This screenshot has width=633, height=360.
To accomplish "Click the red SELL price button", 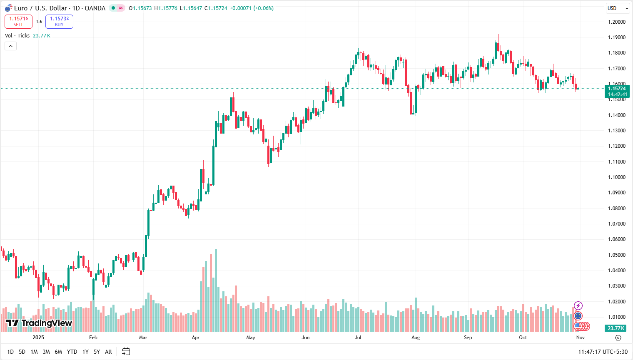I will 18,22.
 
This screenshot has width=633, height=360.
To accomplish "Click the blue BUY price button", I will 59,22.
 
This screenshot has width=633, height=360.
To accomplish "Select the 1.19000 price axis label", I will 616,37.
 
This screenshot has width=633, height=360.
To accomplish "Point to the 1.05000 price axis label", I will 616,255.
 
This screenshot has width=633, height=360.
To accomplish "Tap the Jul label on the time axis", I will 358,338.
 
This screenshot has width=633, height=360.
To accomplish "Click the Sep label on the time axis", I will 468,338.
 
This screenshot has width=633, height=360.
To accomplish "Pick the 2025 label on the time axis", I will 38,338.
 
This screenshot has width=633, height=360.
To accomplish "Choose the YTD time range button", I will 72,352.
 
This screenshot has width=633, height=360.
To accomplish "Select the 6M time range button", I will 58,352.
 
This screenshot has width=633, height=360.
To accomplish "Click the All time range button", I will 108,352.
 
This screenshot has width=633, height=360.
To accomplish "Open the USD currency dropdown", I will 618,8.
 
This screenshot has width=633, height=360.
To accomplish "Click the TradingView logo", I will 39,323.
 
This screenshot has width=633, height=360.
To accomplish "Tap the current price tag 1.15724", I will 617,89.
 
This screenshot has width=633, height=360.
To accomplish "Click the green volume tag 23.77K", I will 616,328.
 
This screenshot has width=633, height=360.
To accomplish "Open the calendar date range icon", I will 126,352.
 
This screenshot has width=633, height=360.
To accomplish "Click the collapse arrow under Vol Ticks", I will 10,46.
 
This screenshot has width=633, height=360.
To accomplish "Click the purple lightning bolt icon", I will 578,306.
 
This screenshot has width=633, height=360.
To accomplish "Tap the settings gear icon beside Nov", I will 618,338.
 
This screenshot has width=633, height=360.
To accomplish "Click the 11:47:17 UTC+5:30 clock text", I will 603,352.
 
